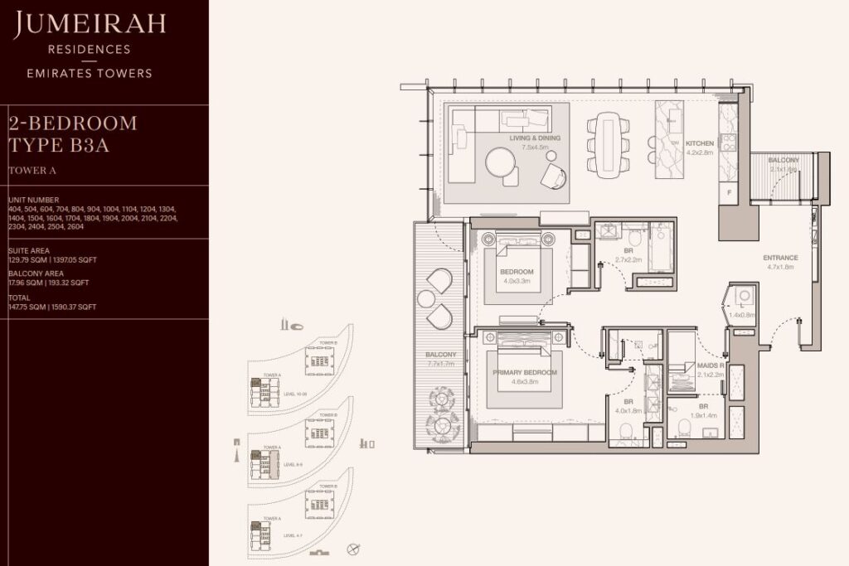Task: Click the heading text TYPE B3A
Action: (x=59, y=147)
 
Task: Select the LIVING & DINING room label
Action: (x=535, y=138)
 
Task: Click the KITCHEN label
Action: (x=699, y=143)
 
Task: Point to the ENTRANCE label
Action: (x=780, y=258)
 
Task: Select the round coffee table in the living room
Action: (x=502, y=162)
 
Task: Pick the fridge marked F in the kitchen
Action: (x=729, y=191)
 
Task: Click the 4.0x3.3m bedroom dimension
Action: (x=516, y=280)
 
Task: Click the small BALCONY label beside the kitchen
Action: (x=783, y=160)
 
